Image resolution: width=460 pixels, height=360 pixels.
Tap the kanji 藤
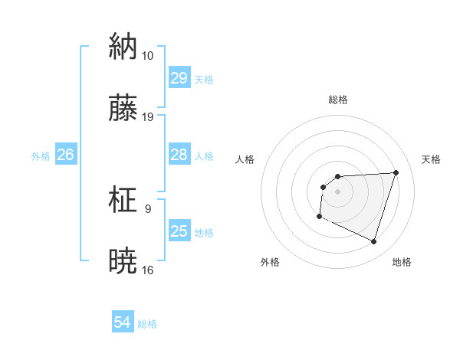pos(123,108)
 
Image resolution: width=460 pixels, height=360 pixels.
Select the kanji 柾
pos(123,199)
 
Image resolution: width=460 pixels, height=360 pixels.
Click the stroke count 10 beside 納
pos(147,56)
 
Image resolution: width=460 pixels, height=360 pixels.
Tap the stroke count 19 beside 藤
pos(148,117)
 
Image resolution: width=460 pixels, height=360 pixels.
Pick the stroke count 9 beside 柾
pos(147,208)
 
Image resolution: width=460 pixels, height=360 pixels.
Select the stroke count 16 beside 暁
pos(148,270)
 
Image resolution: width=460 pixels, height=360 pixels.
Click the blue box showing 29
pos(179,78)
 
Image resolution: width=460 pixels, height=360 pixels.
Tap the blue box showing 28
pos(179,155)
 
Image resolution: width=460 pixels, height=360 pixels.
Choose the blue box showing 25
pos(179,231)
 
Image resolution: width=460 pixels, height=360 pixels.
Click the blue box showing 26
pos(65,155)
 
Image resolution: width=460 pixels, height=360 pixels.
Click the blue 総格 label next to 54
pos(147,324)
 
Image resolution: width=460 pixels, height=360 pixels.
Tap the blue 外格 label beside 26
pos(41,156)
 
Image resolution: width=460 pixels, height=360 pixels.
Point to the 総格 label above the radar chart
pos(338,100)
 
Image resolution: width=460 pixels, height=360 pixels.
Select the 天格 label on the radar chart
pos(432,159)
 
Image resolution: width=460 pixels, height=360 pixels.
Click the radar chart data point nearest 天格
pos(396,172)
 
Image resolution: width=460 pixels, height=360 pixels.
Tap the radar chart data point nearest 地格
pos(373,242)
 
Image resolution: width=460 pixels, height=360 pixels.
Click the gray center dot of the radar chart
pos(337,191)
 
